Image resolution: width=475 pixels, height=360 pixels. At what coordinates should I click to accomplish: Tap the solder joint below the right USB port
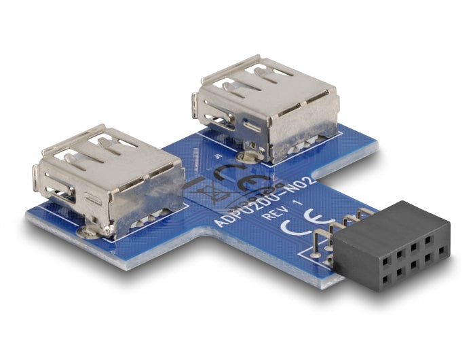point(248,157)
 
